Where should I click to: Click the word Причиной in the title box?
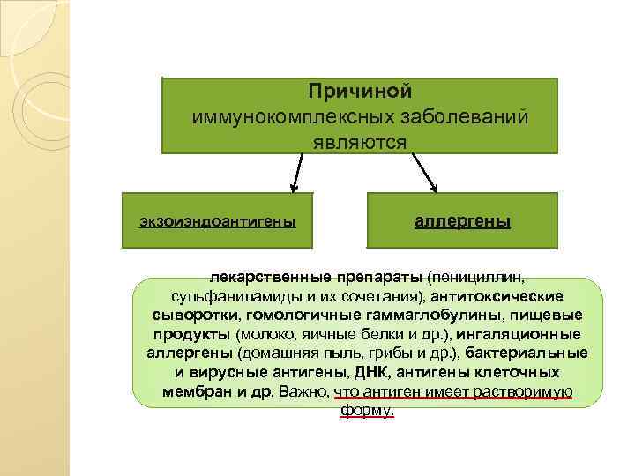pyautogui.click(x=360, y=92)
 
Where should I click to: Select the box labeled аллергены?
pyautogui.click(x=463, y=220)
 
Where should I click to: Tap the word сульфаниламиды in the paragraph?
pyautogui.click(x=230, y=296)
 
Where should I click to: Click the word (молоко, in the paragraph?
pyautogui.click(x=266, y=335)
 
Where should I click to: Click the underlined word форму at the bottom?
pyautogui.click(x=365, y=412)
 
